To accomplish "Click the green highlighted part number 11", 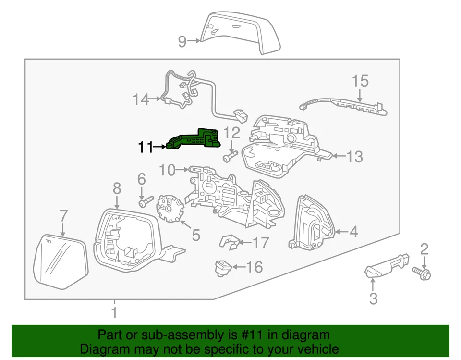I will (x=194, y=138).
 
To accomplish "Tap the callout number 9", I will (x=182, y=42).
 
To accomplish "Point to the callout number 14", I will (x=141, y=100).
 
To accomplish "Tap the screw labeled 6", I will (x=145, y=202).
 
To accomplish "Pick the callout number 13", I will (x=355, y=156).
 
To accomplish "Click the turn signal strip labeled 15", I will (x=343, y=104).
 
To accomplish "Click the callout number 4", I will (x=353, y=232).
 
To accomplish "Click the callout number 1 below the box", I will (x=114, y=313).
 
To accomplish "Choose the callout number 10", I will (x=168, y=169).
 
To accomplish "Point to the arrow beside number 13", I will (x=338, y=156).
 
